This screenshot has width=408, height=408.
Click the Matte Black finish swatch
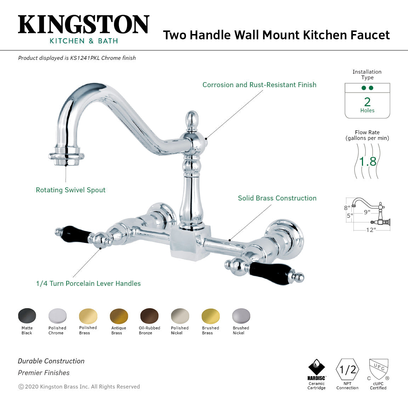coord(27,316)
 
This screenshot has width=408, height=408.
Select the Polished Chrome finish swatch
coord(57,316)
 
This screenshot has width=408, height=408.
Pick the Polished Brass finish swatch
coord(88,316)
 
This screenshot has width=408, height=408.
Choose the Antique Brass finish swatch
coord(119,316)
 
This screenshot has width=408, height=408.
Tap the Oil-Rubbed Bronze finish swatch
coord(149,316)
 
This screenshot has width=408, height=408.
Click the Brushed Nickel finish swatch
coord(241,316)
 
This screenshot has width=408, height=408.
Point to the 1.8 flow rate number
coord(368,161)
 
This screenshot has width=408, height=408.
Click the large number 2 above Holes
coord(367,102)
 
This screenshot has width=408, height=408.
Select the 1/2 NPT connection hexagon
coord(347,369)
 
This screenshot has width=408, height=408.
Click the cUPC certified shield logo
coord(379,369)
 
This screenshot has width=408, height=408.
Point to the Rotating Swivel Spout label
coord(70,190)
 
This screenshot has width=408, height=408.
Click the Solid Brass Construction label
coord(277,198)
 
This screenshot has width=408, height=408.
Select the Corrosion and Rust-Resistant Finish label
coord(259,85)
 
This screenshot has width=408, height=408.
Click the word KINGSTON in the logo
coord(84,25)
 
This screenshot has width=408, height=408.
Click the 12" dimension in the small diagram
coord(371,230)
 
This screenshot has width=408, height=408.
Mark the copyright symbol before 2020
coord(21,387)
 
